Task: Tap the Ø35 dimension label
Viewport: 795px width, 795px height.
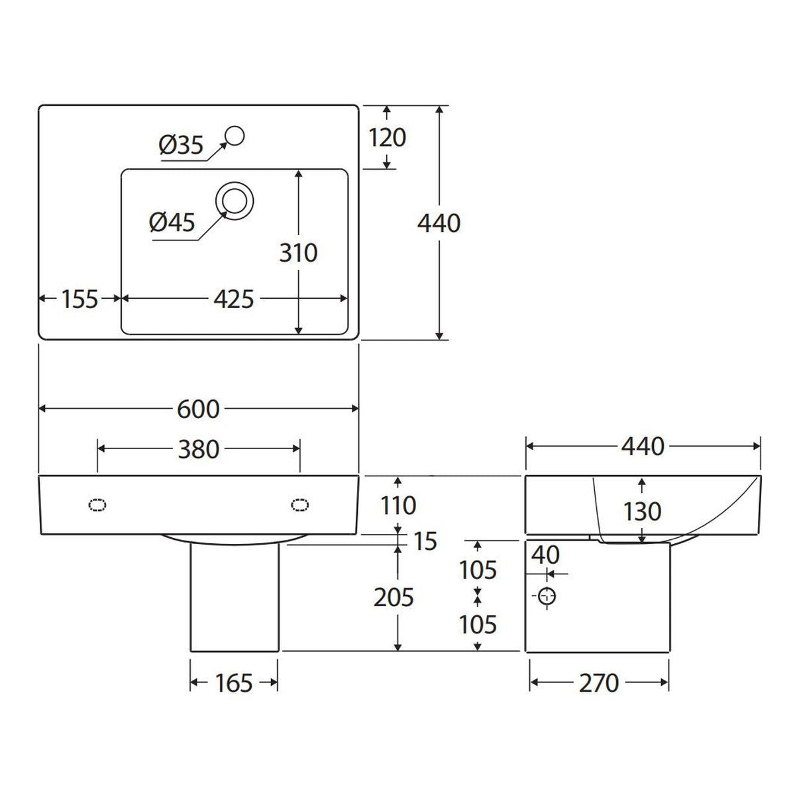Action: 182,145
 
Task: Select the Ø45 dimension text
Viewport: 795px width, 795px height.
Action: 172,223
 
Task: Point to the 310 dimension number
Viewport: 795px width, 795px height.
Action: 298,252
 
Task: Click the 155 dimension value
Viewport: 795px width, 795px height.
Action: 79,299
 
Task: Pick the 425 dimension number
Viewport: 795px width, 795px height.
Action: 233,299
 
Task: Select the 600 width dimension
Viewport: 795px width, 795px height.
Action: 198,409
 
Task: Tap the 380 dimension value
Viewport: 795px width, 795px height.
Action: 199,449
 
